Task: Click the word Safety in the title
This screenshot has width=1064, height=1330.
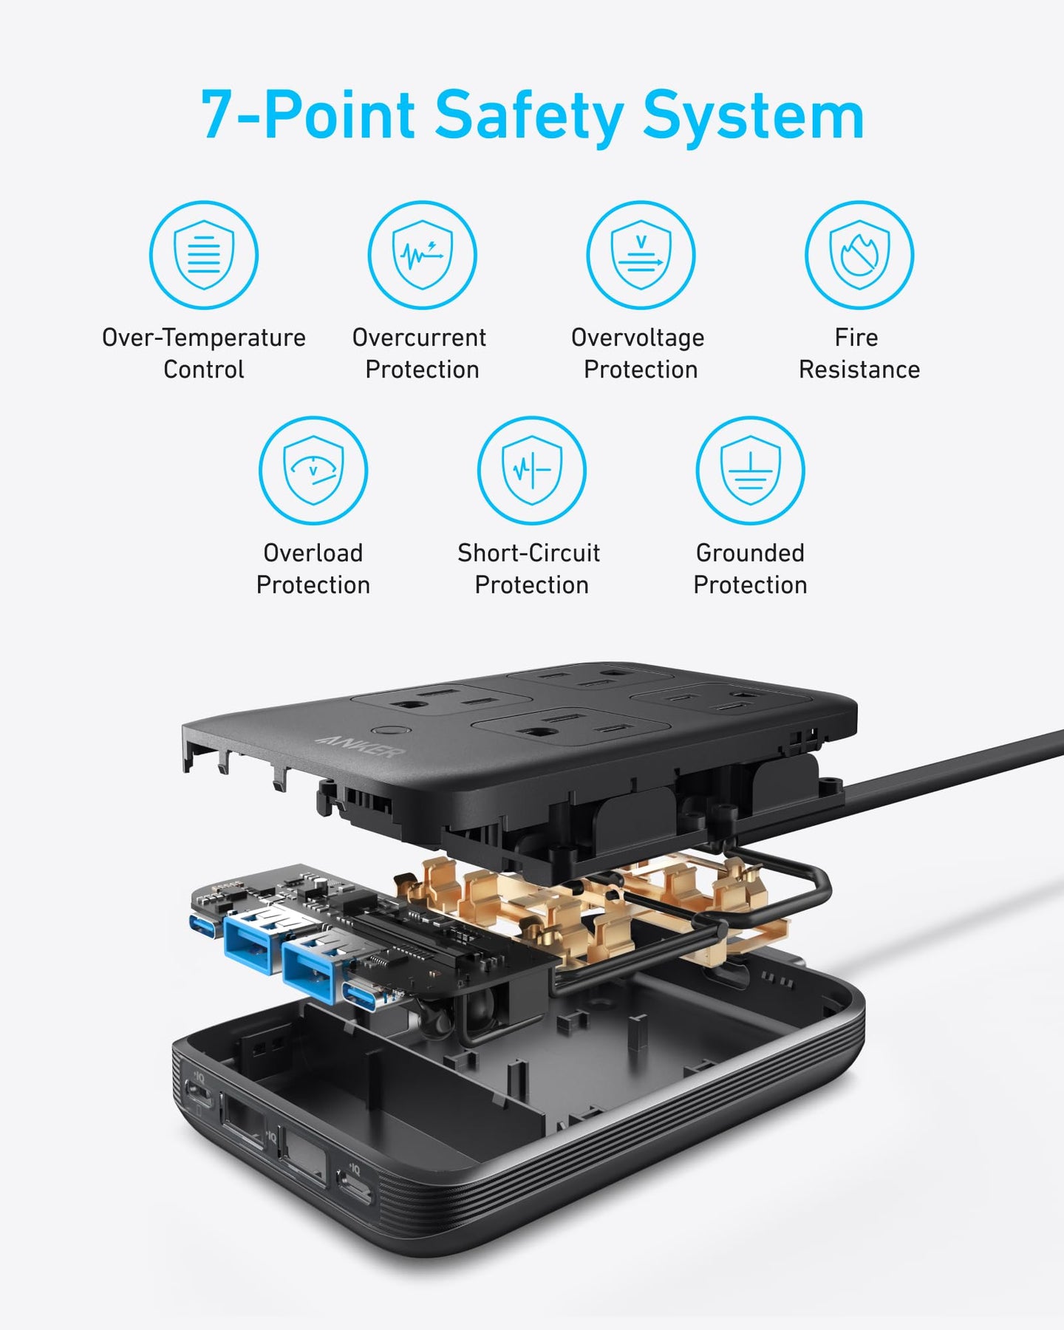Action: point(529,116)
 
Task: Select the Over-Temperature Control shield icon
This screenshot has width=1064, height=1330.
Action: point(204,255)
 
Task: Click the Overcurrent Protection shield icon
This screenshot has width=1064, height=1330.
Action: point(423,255)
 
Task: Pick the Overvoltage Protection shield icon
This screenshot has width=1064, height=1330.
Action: point(641,255)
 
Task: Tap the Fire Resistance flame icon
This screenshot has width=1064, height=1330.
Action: point(859,255)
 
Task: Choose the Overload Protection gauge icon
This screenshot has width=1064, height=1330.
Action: point(313,471)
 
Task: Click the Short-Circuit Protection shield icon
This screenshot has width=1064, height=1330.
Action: point(532,471)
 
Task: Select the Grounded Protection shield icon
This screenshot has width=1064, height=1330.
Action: point(750,471)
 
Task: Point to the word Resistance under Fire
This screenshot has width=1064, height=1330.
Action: point(859,369)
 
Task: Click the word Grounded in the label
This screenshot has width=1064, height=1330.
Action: point(750,553)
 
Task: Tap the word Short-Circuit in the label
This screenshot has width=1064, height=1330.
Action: point(529,553)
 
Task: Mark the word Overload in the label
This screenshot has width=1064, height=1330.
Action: point(313,553)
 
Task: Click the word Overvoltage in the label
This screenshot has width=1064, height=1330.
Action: point(638,338)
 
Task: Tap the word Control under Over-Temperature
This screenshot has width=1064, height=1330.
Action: point(204,369)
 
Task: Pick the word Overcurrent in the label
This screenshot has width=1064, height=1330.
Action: point(419,338)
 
